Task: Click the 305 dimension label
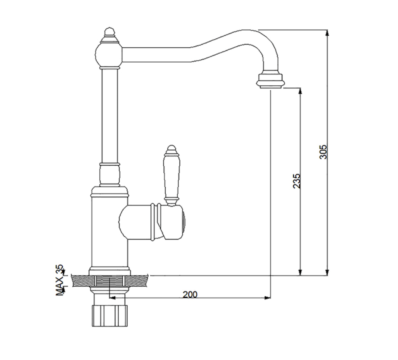click(323, 152)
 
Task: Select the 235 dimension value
click(296, 181)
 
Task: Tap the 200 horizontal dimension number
click(190, 294)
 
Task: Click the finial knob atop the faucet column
click(109, 33)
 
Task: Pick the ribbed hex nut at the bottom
click(109, 315)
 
